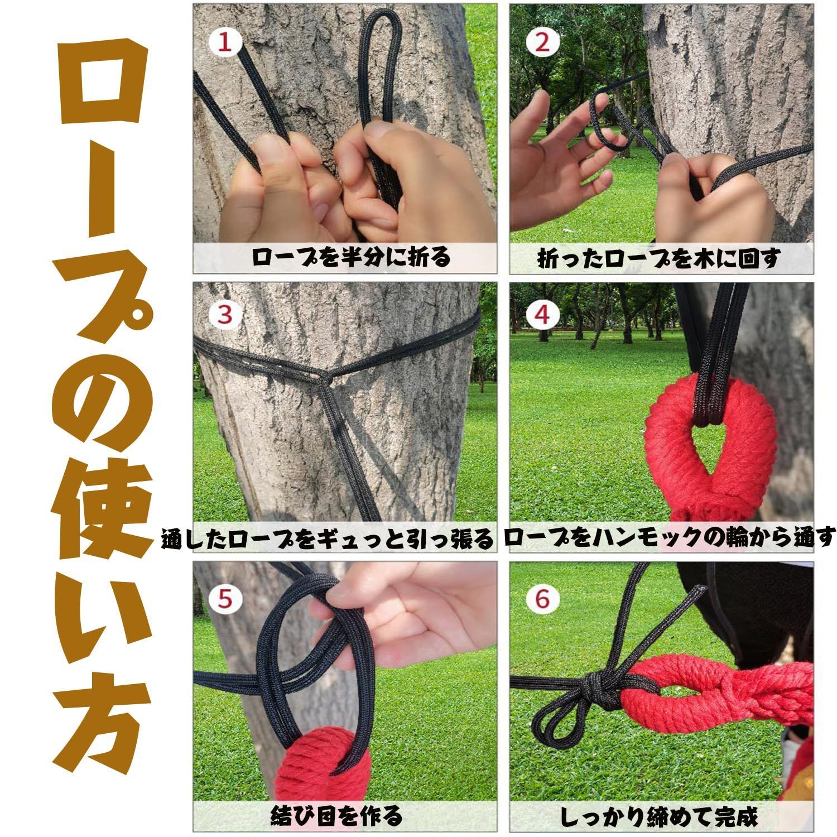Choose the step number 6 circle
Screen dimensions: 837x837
(542, 599)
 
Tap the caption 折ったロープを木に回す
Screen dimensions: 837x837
(658, 258)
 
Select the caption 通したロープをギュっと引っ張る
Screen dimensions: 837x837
(328, 539)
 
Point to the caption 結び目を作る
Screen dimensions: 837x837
(336, 816)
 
